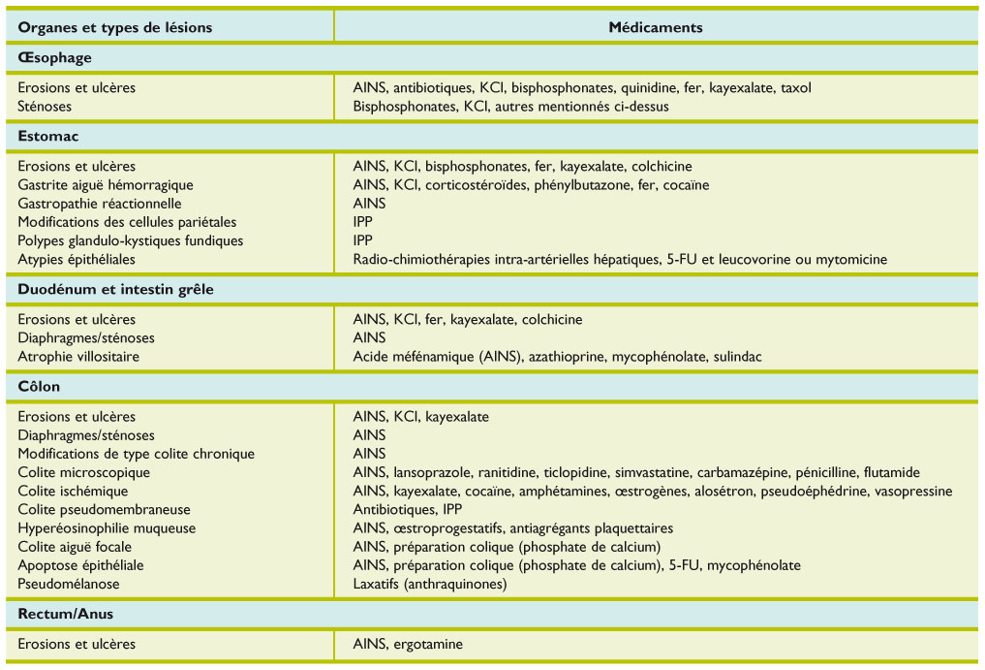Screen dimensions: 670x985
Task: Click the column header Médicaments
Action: point(656,27)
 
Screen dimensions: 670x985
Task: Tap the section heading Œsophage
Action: point(54,58)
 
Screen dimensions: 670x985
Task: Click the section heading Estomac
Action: point(48,137)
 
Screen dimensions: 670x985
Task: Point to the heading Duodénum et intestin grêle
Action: point(116,289)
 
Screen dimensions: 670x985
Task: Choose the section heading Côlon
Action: point(40,387)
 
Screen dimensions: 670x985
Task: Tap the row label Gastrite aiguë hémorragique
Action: point(106,185)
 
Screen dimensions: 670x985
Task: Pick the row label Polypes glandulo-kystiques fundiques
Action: point(131,240)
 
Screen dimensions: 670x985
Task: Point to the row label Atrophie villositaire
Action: point(78,357)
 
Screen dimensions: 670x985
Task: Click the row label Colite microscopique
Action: point(84,472)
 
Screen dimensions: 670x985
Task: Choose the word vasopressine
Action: point(913,492)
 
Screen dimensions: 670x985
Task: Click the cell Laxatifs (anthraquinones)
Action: point(430,584)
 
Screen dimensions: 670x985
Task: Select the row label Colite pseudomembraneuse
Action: point(105,510)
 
